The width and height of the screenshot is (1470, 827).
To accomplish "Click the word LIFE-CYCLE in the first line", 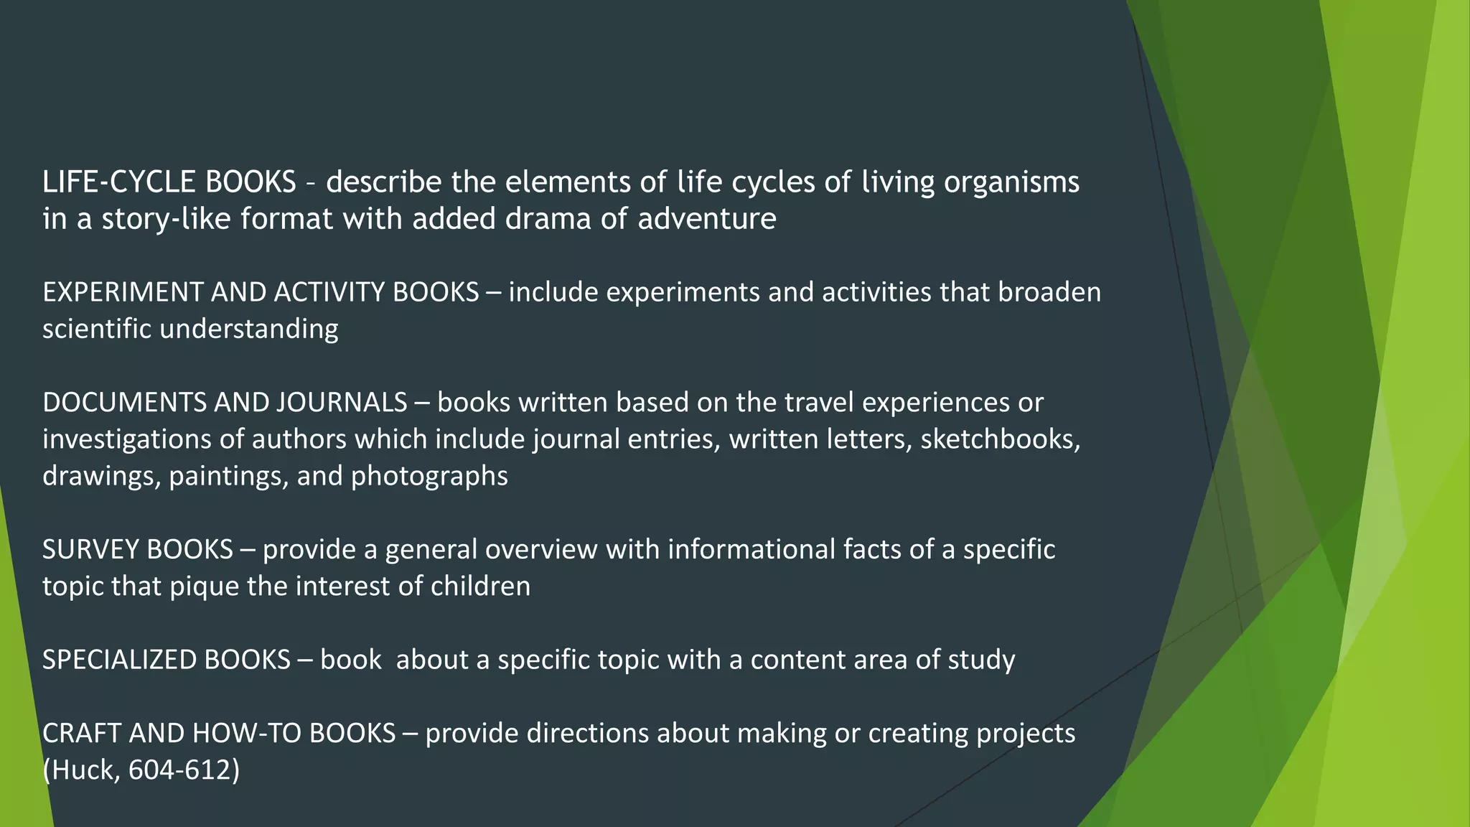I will point(119,182).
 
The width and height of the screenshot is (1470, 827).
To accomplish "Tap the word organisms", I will point(1011,182).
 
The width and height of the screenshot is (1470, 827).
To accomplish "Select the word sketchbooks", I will point(999,439).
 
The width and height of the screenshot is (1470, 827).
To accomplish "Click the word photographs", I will point(429,476).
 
